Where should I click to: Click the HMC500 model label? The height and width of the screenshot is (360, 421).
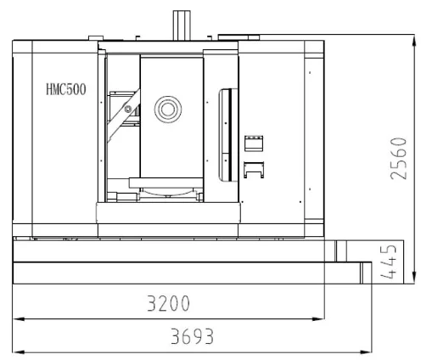(66, 89)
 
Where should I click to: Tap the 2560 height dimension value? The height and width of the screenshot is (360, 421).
(399, 159)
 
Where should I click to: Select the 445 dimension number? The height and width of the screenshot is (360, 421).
(388, 262)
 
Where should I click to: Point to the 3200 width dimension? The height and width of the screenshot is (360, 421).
(168, 303)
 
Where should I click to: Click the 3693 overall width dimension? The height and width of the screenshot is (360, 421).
(192, 336)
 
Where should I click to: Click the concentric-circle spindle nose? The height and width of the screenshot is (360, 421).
(168, 110)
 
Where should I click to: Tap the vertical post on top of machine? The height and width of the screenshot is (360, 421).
(182, 25)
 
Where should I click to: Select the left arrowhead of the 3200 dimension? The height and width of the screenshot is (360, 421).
(18, 319)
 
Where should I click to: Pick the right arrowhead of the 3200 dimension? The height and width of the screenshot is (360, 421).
(318, 319)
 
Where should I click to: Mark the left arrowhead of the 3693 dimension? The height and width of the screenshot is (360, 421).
(18, 352)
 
